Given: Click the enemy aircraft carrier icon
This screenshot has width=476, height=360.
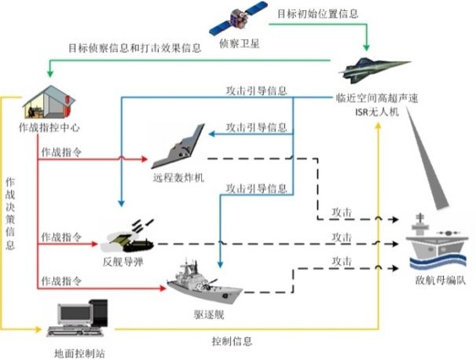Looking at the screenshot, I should point(436,240).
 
